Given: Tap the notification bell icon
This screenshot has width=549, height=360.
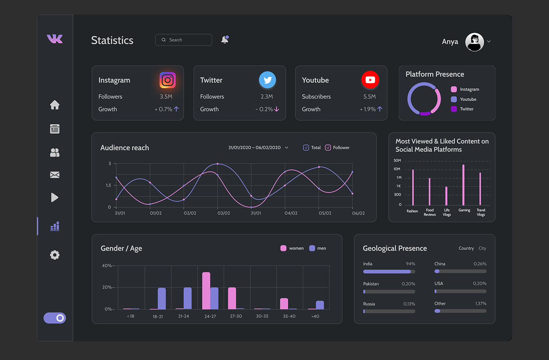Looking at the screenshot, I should [225, 40].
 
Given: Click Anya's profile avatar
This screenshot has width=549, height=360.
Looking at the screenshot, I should [475, 42].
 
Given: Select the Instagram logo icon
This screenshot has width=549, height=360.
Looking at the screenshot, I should [168, 80].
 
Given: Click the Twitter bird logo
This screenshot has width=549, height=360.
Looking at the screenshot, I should [267, 80].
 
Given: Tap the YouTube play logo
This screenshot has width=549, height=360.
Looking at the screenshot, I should [370, 80].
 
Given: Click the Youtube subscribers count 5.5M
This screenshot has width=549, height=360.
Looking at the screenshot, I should [369, 97].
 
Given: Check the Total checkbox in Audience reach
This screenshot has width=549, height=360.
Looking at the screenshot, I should [306, 148].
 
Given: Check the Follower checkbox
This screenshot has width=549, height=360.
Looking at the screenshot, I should [328, 148].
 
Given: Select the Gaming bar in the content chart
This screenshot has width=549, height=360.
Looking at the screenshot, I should [463, 185].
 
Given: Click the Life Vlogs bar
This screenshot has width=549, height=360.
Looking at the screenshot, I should [446, 196].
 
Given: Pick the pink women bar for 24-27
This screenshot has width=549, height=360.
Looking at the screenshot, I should [206, 291].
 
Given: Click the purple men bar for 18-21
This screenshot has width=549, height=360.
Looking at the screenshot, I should [162, 298].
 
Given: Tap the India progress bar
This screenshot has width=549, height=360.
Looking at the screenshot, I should [389, 272].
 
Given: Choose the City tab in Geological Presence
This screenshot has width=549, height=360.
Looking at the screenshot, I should [482, 248].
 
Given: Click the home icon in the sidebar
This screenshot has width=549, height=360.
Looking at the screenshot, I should [55, 105].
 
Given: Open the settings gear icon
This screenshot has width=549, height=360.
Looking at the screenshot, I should [55, 255].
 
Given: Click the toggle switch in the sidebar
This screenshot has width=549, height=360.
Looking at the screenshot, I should [55, 318].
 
